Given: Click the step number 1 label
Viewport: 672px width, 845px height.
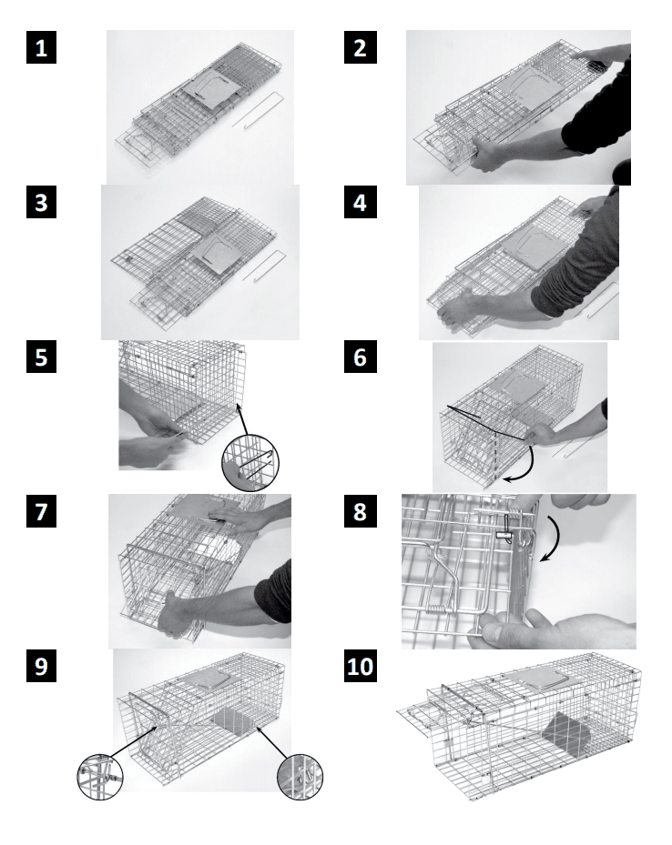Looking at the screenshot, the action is point(42,48).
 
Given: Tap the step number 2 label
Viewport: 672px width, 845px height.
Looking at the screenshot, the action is point(361,48).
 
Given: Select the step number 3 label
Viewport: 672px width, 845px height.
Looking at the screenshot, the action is point(42,203).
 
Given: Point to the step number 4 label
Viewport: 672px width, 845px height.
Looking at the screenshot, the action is point(361,203).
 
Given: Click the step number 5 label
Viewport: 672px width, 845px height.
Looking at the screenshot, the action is point(42,357).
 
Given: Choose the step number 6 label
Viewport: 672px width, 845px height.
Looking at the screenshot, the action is point(361,357).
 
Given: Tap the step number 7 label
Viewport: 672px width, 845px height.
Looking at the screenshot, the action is point(42,511).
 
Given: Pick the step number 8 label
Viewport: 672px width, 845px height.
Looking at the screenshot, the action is point(361,511).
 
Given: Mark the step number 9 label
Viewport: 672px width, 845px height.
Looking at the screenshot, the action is point(42,666).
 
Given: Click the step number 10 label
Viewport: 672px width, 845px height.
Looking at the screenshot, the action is point(361,666).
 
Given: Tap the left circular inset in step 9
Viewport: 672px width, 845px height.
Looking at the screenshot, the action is point(100,777).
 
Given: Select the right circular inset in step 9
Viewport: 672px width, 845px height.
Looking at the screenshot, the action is point(300,777).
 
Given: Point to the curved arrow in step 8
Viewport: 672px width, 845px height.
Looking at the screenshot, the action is point(556,538).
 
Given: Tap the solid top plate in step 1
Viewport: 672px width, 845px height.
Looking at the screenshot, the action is point(211,88).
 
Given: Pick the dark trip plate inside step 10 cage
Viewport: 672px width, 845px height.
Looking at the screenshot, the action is point(566,732).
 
